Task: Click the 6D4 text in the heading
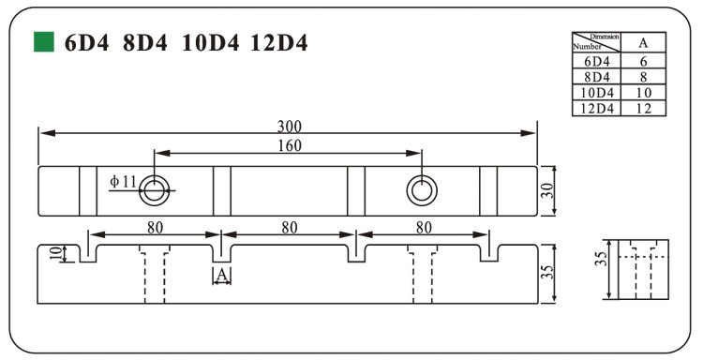[x=86, y=43]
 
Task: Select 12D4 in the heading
[x=279, y=43]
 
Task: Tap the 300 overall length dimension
[x=289, y=127]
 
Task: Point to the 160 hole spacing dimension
[x=289, y=145]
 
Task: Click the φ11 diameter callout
[x=123, y=180]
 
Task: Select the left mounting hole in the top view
[x=154, y=190]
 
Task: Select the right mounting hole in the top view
[x=422, y=190]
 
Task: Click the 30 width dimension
[x=549, y=190]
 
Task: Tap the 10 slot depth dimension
[x=55, y=252]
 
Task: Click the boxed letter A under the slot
[x=221, y=275]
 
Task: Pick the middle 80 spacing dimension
[x=289, y=227]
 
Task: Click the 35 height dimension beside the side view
[x=549, y=273]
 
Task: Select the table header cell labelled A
[x=643, y=42]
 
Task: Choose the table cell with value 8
[x=643, y=76]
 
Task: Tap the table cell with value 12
[x=643, y=108]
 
